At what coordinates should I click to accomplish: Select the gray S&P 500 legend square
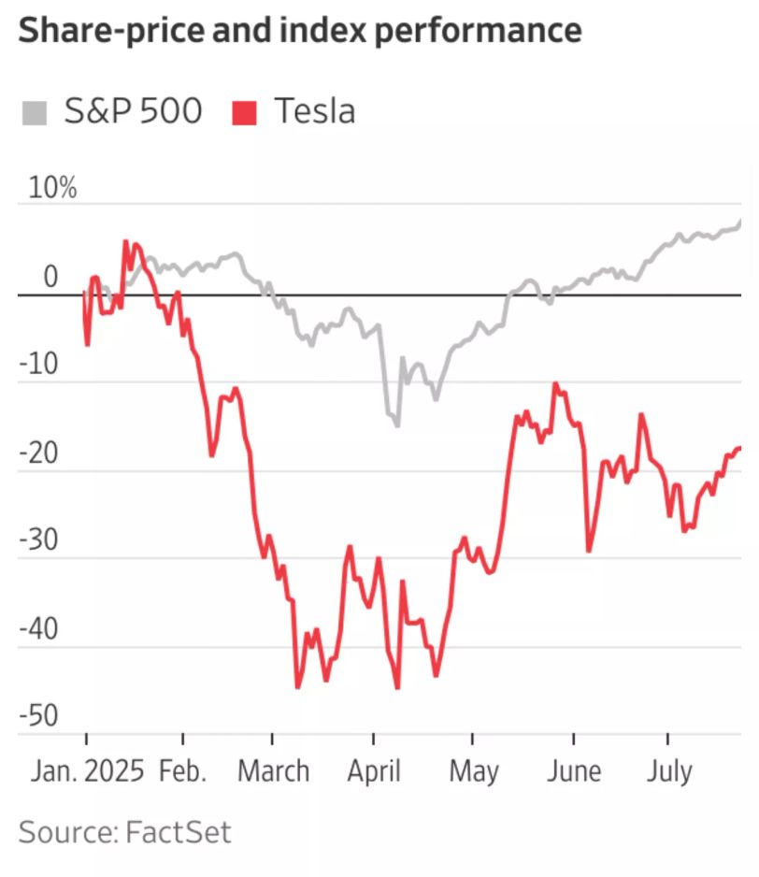34,113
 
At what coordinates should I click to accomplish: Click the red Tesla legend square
244,113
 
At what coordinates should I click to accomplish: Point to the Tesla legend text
314,112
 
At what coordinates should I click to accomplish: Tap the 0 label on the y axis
50,278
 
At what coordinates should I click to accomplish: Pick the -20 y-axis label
38,454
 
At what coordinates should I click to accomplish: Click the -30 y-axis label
38,542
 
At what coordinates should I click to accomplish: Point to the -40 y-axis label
38,630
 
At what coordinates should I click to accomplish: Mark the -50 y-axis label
38,718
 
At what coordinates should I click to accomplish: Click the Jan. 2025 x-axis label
87,772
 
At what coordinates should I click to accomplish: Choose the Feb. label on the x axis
183,772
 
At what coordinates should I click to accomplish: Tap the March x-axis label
273,772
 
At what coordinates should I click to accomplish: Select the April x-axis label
373,772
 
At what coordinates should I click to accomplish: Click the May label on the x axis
474,772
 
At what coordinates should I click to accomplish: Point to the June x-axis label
574,772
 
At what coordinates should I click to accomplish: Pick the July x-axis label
669,772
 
